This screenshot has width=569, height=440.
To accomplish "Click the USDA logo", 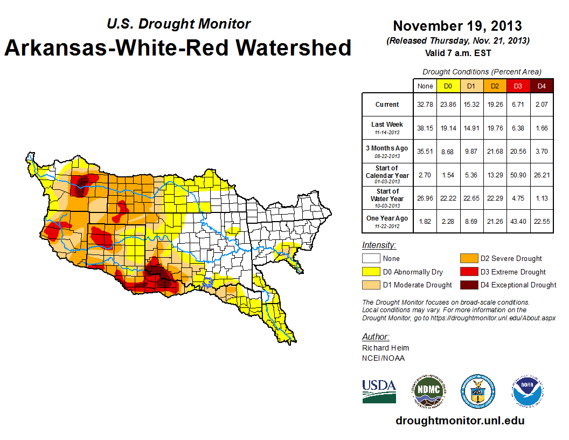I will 379,391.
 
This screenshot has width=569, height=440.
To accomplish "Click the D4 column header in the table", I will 542,86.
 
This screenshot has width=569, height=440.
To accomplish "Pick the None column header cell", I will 425,86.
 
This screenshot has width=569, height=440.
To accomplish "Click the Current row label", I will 387,105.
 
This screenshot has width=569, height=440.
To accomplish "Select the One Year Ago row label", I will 387,218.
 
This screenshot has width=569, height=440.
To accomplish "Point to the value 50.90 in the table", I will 518,175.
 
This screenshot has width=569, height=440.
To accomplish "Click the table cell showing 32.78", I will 425,105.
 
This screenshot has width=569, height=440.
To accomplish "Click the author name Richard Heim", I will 385,348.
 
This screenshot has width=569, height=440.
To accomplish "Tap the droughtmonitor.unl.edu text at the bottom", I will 460,421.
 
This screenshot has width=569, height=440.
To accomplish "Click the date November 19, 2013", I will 457,26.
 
